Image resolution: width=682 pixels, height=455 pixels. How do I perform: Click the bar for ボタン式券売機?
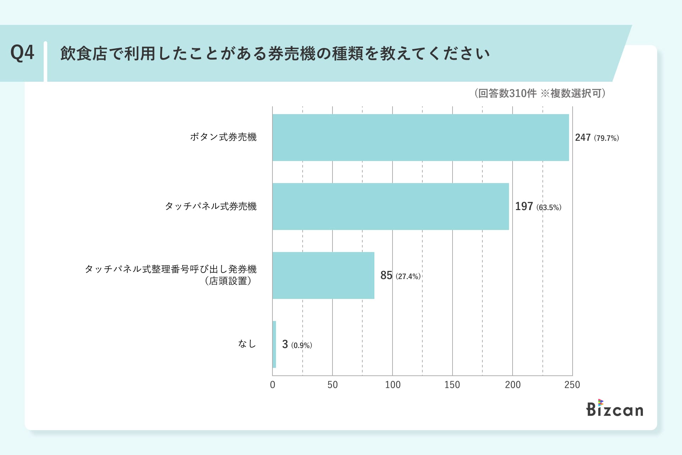[x=421, y=138]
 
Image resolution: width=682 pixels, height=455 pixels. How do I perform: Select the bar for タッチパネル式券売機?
[x=391, y=207]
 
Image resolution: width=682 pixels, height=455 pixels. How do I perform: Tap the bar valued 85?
[x=323, y=275]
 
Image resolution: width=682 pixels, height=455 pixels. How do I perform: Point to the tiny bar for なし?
[x=274, y=344]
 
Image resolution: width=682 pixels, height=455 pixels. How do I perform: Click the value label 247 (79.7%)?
[x=597, y=138]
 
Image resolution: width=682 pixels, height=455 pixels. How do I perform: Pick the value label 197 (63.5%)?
[x=538, y=207]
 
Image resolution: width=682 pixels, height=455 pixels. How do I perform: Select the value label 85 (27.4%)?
[x=400, y=275]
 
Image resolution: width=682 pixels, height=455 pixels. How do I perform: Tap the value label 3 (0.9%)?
[x=297, y=344]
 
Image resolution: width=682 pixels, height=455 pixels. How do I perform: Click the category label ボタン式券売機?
[x=223, y=137]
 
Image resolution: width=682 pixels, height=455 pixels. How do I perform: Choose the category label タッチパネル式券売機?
[x=211, y=206]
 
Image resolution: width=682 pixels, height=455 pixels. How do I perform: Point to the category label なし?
[x=247, y=344]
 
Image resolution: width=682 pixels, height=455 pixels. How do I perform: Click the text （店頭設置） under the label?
[x=228, y=281]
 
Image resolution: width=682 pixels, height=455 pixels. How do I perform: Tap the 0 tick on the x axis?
[x=272, y=385]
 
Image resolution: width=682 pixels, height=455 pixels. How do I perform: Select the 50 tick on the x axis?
[x=332, y=385]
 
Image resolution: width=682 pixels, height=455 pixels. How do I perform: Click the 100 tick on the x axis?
[x=393, y=385]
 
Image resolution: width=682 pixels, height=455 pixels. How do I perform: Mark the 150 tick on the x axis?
[x=452, y=385]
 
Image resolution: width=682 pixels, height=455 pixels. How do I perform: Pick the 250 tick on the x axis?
[x=572, y=385]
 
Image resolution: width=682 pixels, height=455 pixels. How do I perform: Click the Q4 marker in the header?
[x=22, y=53]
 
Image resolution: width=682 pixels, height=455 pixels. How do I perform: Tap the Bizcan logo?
[x=615, y=408]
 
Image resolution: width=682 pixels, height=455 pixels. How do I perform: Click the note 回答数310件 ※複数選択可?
[x=540, y=93]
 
